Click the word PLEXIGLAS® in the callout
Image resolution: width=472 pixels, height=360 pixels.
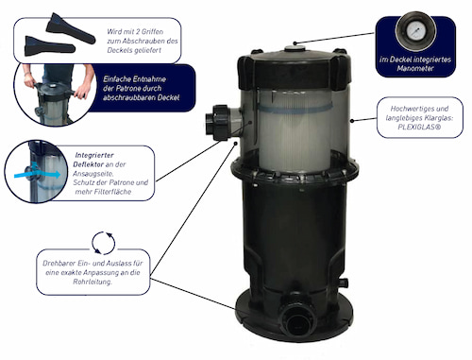click(419, 128)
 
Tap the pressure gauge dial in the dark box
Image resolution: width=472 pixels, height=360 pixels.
click(416, 30)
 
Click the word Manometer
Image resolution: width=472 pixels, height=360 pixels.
click(415, 68)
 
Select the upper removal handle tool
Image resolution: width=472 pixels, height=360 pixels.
click(71, 28)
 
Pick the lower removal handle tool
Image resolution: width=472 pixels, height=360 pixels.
click(50, 46)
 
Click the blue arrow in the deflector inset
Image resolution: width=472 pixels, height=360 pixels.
click(37, 175)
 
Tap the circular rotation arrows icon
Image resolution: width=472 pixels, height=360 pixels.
click(104, 243)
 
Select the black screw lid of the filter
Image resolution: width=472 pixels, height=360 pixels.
click(295, 70)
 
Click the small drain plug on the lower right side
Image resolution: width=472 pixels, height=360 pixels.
click(343, 282)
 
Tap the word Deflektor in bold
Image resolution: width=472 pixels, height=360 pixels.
click(88, 164)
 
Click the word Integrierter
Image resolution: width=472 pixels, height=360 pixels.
click(94, 155)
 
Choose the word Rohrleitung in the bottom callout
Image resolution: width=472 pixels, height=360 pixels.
click(93, 282)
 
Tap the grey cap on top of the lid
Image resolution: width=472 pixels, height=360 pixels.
click(295, 49)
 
